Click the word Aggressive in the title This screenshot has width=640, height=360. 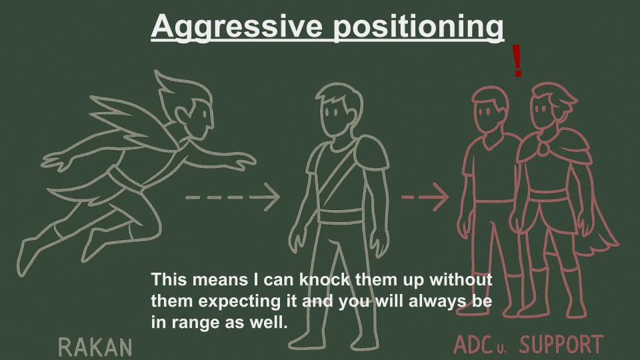point(237,27)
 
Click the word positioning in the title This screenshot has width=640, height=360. point(419,27)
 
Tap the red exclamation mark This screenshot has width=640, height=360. point(517,61)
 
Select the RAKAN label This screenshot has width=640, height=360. point(95,347)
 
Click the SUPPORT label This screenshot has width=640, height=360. point(561,344)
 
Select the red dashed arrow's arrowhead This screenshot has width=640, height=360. point(441,197)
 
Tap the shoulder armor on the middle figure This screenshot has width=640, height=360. point(371,153)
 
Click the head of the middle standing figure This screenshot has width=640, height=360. point(339,109)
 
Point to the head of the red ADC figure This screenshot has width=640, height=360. point(490,109)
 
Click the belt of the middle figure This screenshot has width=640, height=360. point(341,216)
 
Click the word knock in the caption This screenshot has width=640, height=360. point(325,279)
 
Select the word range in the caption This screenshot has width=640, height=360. point(196,323)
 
